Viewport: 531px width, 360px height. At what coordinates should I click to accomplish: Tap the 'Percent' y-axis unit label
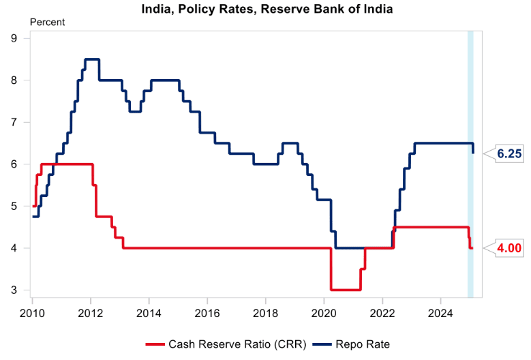pyautogui.click(x=47, y=22)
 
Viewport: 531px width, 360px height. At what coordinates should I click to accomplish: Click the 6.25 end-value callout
pyautogui.click(x=509, y=154)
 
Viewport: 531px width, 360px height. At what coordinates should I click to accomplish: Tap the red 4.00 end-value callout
pyautogui.click(x=509, y=248)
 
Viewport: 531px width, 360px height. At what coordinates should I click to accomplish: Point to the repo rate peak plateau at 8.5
pyautogui.click(x=91, y=59)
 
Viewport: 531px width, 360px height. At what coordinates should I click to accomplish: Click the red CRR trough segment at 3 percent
pyautogui.click(x=345, y=290)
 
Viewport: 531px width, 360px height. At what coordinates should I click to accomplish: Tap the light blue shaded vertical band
pyautogui.click(x=470, y=164)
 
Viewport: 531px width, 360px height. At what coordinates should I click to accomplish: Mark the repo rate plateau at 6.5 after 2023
pyautogui.click(x=443, y=143)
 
